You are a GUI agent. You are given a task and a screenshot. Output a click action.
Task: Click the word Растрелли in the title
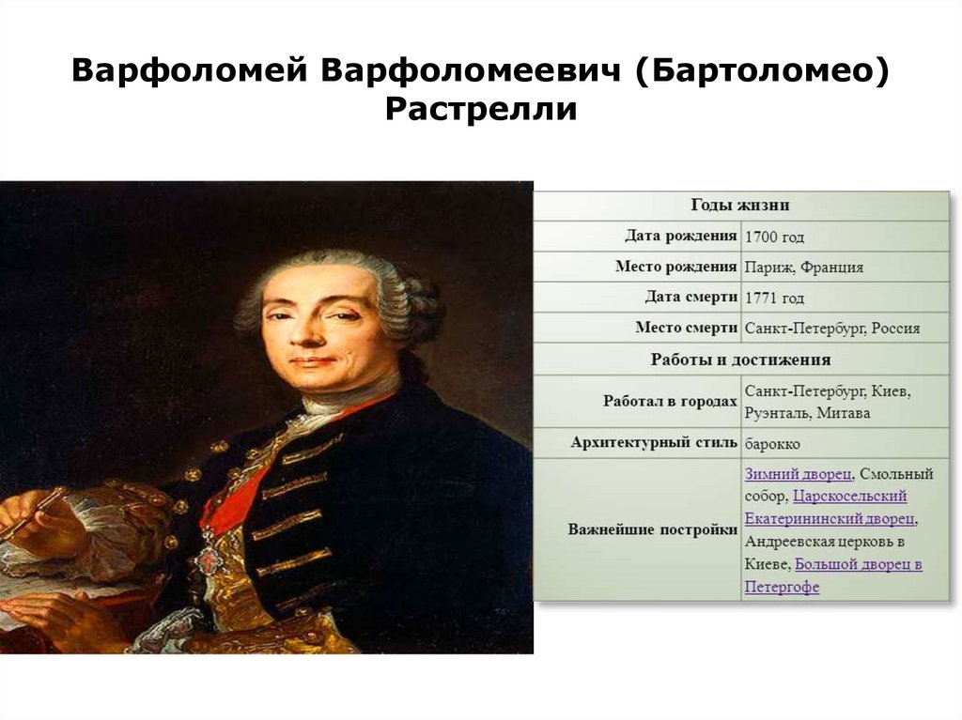tap(480, 109)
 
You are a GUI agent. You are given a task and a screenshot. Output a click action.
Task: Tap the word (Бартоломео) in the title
tap(762, 71)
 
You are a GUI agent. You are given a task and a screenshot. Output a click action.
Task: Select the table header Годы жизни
tap(740, 205)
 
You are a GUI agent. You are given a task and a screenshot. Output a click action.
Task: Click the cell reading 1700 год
tap(774, 237)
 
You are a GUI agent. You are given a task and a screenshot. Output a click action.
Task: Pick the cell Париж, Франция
tap(803, 267)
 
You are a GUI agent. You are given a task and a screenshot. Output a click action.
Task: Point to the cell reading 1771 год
tap(774, 298)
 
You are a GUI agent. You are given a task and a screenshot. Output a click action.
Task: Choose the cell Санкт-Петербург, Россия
tap(831, 329)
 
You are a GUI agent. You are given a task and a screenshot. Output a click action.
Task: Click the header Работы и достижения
tap(740, 360)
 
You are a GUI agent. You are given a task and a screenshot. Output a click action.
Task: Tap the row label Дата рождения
tap(680, 236)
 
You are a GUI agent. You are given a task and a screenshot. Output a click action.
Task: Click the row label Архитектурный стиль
tap(653, 442)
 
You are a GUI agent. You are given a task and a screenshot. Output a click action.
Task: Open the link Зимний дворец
tap(799, 473)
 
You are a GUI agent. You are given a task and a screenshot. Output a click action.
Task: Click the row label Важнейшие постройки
tap(652, 529)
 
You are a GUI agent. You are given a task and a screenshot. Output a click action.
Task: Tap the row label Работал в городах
tap(669, 401)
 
